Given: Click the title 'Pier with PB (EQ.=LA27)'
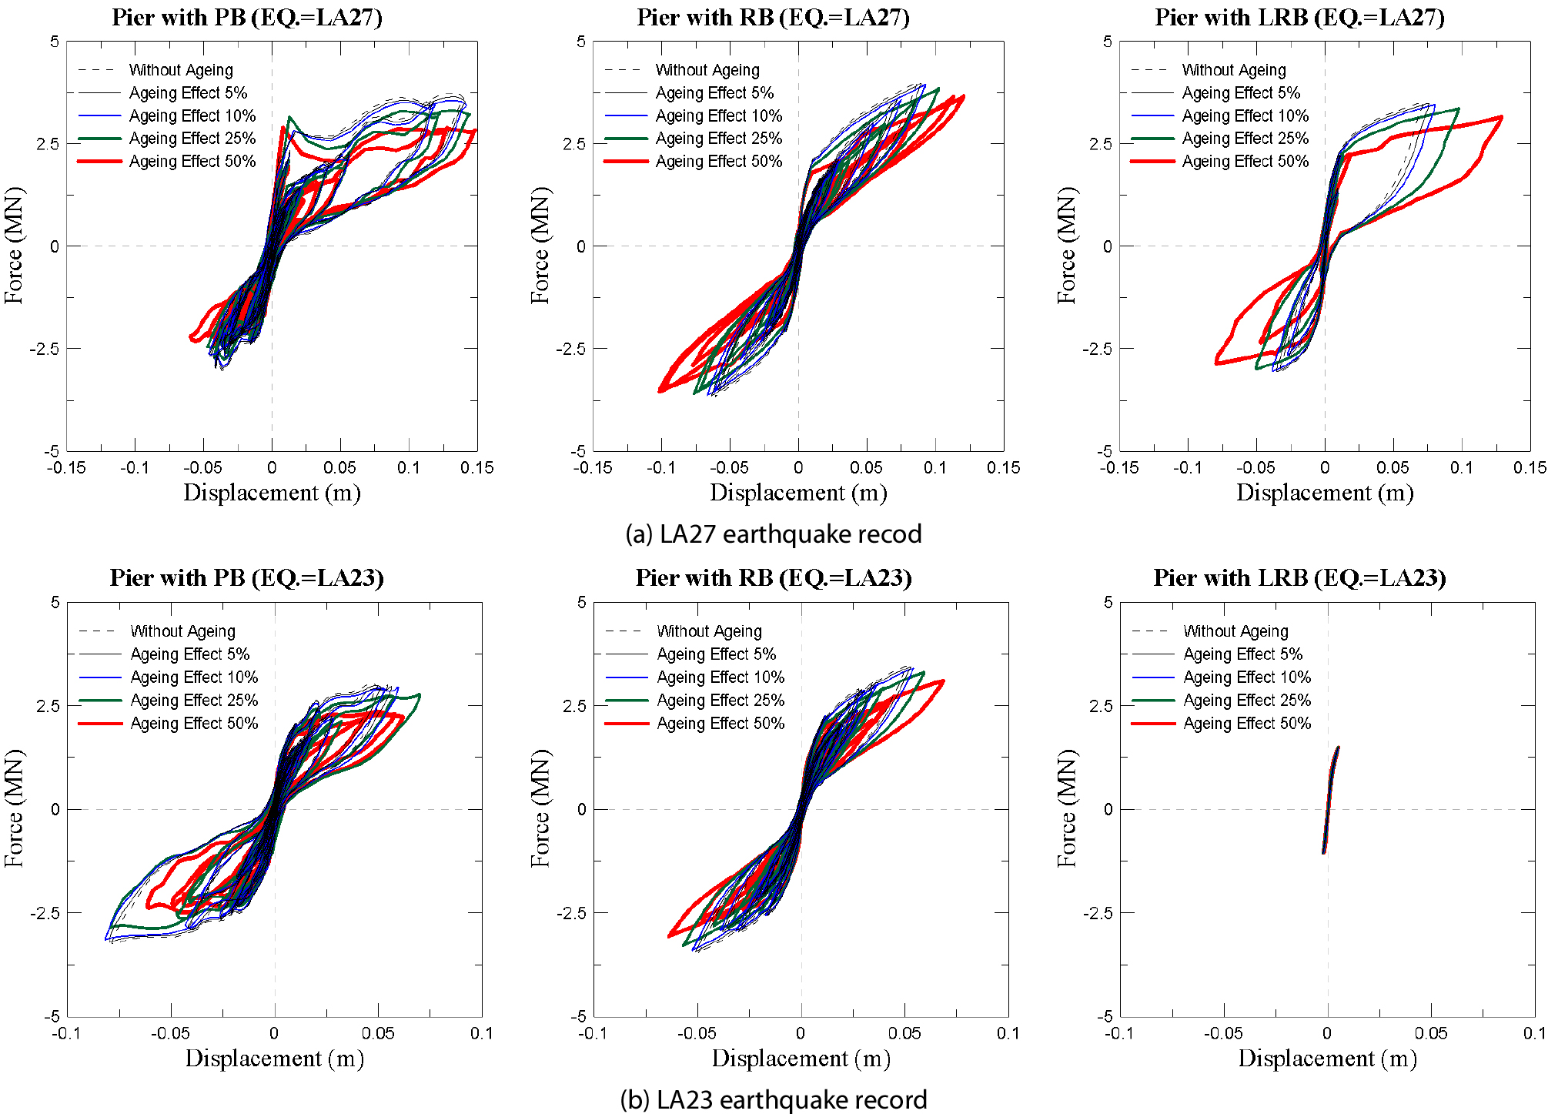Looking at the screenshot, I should pyautogui.click(x=247, y=17).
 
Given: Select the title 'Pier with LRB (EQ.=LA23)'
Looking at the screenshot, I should pyautogui.click(x=1299, y=577).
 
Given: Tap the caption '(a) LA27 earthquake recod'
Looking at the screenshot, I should pyautogui.click(x=773, y=534).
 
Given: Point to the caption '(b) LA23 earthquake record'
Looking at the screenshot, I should pyautogui.click(x=773, y=1099).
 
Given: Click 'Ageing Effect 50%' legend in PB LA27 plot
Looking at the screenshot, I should pyautogui.click(x=192, y=162).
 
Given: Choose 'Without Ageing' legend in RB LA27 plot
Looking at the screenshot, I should pyautogui.click(x=707, y=70).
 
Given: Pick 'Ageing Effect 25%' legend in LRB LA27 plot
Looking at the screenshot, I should pyautogui.click(x=1245, y=139).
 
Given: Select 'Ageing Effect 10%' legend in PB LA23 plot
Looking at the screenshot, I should pyautogui.click(x=194, y=677).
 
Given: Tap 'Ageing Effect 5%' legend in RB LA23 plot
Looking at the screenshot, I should pyautogui.click(x=716, y=654).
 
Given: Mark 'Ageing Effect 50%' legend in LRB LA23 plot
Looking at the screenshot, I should pyautogui.click(x=1246, y=724).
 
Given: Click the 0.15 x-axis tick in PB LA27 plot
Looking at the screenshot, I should pyautogui.click(x=476, y=467).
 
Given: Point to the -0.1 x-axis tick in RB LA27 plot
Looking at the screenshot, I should pyautogui.click(x=661, y=467).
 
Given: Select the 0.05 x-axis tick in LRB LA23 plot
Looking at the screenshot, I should pyautogui.click(x=1430, y=1033).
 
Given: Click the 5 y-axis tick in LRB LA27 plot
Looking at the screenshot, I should pyautogui.click(x=1107, y=42).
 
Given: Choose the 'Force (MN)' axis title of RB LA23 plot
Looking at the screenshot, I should pyautogui.click(x=540, y=808).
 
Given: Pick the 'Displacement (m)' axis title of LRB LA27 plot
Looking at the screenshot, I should pyautogui.click(x=1325, y=493).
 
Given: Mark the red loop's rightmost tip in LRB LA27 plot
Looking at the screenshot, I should pyautogui.click(x=1501, y=117).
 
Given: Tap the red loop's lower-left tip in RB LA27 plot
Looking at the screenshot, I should pyautogui.click(x=660, y=391).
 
